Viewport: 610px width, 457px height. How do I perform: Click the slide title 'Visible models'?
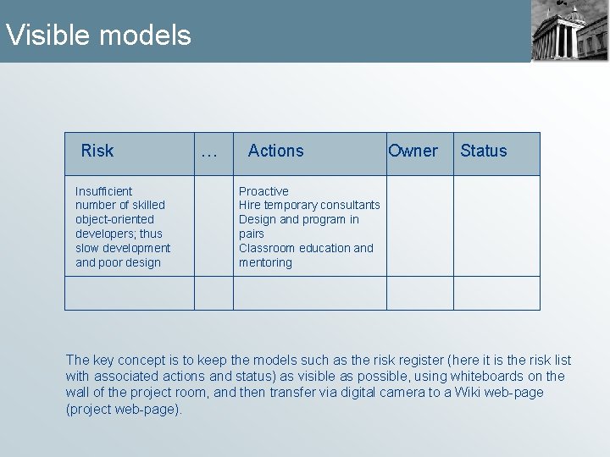click(98, 36)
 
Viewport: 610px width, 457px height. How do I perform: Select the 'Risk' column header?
click(97, 151)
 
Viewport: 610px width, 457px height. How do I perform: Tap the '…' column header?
click(208, 153)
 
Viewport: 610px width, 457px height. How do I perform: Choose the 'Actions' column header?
click(275, 151)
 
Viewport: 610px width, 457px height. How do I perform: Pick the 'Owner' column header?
click(413, 151)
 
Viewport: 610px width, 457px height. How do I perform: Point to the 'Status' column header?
click(483, 151)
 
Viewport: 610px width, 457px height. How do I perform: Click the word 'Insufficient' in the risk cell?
click(103, 191)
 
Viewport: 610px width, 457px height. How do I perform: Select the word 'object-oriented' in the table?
click(114, 219)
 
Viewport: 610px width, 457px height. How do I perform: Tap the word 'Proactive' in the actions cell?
click(263, 191)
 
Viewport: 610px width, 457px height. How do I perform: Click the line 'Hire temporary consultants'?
click(309, 205)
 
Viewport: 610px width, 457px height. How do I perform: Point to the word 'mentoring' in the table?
click(265, 262)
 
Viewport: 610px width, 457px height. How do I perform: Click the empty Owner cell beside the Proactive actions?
click(420, 226)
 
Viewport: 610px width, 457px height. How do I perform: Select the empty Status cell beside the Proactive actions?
click(496, 226)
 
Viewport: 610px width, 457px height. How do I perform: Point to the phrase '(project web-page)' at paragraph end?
click(123, 409)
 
